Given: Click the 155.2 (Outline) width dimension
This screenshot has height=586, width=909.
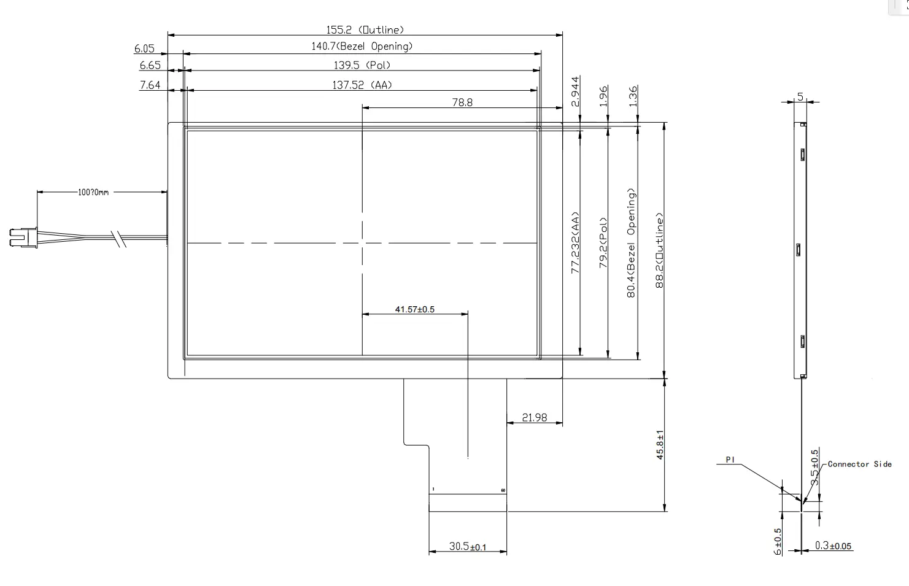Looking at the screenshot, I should pyautogui.click(x=365, y=29).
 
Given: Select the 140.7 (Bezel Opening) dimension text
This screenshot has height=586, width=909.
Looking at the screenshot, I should pyautogui.click(x=362, y=46).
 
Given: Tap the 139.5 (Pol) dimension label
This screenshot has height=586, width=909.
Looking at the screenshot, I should pyautogui.click(x=362, y=65).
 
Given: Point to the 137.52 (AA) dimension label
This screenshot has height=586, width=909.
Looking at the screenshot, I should pyautogui.click(x=362, y=85).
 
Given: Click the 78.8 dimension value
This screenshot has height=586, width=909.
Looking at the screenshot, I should pyautogui.click(x=462, y=102).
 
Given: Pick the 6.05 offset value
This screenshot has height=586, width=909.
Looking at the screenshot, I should pyautogui.click(x=144, y=49).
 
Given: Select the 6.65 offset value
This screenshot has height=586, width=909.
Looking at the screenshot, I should pyautogui.click(x=150, y=65).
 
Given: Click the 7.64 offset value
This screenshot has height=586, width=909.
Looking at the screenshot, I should pyautogui.click(x=150, y=85).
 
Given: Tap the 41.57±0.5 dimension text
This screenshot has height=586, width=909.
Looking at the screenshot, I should pyautogui.click(x=414, y=309).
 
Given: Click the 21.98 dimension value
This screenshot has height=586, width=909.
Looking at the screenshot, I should pyautogui.click(x=534, y=417).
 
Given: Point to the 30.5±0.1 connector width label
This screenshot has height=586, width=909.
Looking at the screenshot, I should pyautogui.click(x=467, y=546).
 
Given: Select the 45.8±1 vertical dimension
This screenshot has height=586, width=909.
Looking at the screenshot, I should pyautogui.click(x=660, y=445).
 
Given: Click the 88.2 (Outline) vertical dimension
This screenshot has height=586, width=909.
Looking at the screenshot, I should pyautogui.click(x=660, y=250).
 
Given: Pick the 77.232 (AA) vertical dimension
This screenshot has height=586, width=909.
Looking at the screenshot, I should pyautogui.click(x=575, y=243).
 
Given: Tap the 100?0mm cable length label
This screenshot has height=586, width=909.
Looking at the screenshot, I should pyautogui.click(x=93, y=192).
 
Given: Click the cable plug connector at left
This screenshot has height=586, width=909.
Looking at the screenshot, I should pyautogui.click(x=23, y=237).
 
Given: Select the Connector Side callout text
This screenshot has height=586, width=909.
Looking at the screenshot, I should pyautogui.click(x=859, y=464).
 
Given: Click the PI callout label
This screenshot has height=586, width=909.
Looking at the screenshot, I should pyautogui.click(x=730, y=460).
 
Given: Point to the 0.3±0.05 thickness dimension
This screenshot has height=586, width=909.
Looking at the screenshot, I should pyautogui.click(x=833, y=546).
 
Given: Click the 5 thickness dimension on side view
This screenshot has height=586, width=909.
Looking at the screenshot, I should pyautogui.click(x=800, y=96).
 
